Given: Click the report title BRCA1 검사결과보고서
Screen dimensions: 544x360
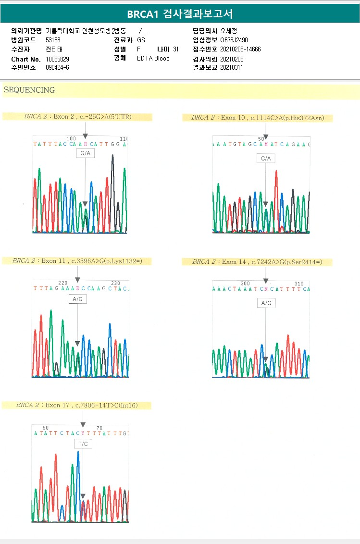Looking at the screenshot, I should point(180,14).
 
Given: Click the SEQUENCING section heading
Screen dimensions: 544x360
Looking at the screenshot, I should point(29,90).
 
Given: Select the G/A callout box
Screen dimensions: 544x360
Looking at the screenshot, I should point(85,153).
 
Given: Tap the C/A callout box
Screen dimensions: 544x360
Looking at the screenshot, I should point(265,158).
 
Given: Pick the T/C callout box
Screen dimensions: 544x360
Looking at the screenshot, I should point(83,444).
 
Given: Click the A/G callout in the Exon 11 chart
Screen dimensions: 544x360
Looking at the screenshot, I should point(77,299).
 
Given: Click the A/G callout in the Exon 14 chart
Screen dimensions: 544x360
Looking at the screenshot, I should point(266,303).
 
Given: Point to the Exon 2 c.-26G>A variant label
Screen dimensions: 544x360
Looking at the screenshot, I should point(77,117).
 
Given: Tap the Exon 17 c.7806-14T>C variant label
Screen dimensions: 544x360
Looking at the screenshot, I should point(76,405).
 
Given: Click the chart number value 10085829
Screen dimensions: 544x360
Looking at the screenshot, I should point(57,59).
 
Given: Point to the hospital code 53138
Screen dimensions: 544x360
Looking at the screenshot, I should point(53,40).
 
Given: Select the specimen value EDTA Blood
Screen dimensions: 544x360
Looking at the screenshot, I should point(153,59).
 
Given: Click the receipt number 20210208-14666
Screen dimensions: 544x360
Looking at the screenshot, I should point(240,49).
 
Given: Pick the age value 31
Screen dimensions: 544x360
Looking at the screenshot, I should point(175,49).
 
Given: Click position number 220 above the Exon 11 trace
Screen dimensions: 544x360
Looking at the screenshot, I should point(62,283).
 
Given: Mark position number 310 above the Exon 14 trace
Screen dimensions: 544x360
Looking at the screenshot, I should point(298,284).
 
